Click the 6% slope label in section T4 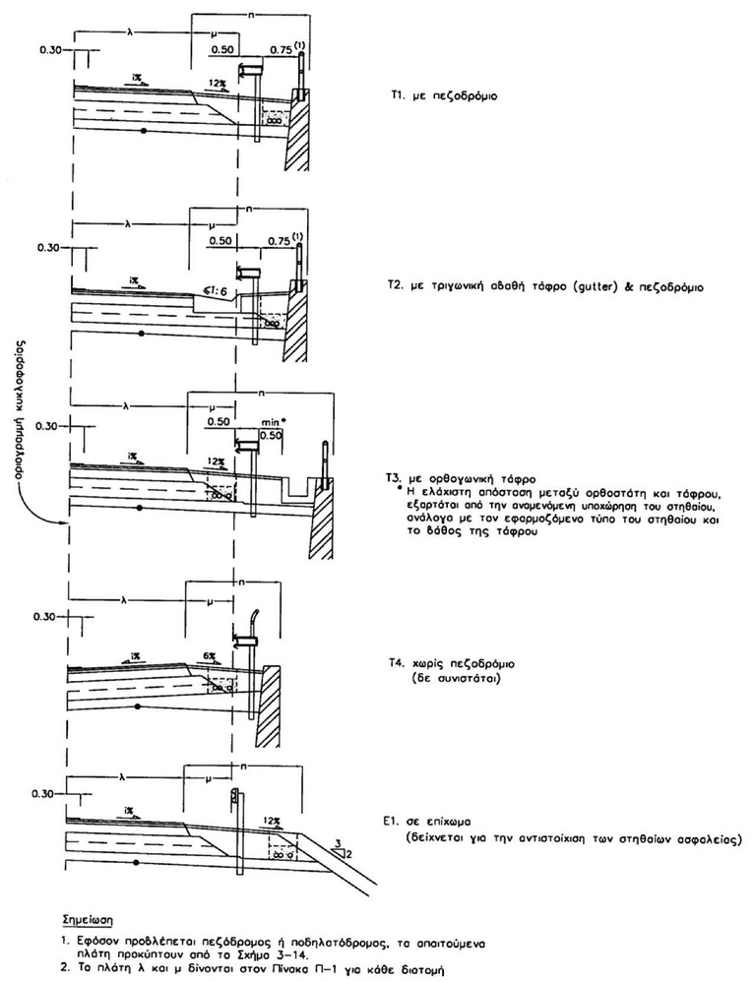coord(208,654)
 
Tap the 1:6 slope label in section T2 coord(210,290)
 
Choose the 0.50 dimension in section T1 coord(222,48)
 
